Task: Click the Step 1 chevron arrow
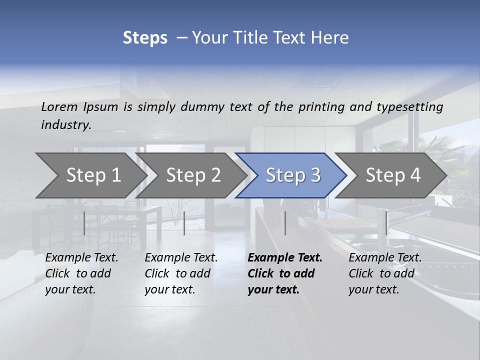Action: click(x=90, y=175)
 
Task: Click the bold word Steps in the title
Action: click(x=145, y=38)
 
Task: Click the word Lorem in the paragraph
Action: click(x=59, y=106)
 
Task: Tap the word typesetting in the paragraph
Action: click(x=409, y=106)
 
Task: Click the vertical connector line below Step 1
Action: click(x=84, y=223)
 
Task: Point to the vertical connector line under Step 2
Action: click(x=184, y=223)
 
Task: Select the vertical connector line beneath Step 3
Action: click(x=285, y=223)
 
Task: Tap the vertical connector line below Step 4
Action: click(x=386, y=223)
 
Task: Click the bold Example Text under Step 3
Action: click(x=285, y=258)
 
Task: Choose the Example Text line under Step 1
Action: click(x=81, y=258)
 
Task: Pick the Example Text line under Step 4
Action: click(x=385, y=258)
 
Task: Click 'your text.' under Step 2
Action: click(x=170, y=289)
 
